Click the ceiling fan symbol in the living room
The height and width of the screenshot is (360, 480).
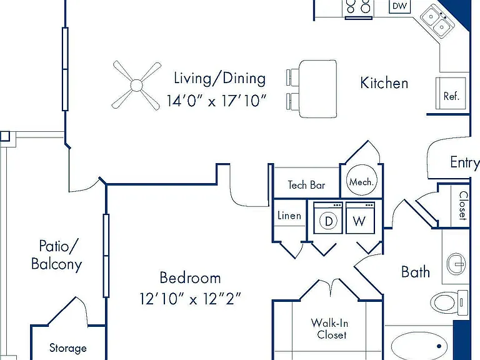coord(136,85)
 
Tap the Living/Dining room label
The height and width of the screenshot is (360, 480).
coord(219,78)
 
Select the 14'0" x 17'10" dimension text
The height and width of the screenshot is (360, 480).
coord(217,101)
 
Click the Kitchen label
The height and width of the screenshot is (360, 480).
coord(384,83)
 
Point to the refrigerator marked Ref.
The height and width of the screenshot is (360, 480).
coord(451,93)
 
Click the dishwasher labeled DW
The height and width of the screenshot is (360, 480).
coord(399,6)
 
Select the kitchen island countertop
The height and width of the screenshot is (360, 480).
coord(318,89)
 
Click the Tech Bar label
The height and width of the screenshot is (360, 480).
coord(306,185)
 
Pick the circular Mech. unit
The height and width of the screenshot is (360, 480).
coord(361,181)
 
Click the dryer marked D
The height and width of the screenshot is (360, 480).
coord(329,218)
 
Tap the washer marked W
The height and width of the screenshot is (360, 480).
coord(360,218)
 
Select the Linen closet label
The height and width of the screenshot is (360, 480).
coord(289,216)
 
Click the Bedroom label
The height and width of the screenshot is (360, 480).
coord(190,277)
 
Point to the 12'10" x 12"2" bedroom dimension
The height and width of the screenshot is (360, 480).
coord(191,299)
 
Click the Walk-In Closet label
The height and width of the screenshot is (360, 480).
coord(330,329)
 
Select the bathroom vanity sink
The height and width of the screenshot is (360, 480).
coord(456,263)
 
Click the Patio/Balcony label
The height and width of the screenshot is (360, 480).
coord(57,255)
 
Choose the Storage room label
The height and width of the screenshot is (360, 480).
coord(68,348)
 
